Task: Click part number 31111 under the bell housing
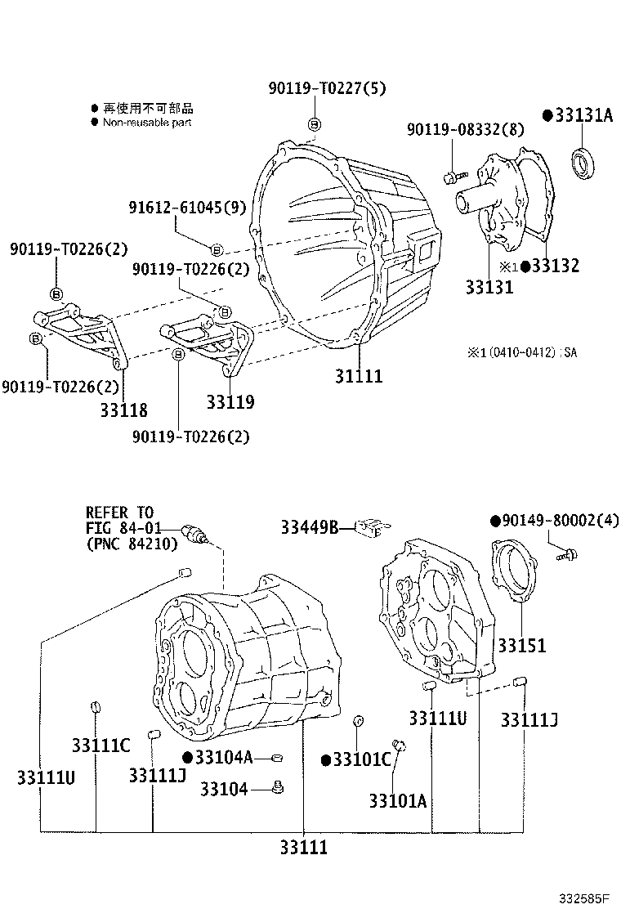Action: [x=358, y=377]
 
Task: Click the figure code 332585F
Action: [x=585, y=898]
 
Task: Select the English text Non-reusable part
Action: [x=148, y=122]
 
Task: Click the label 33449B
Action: [x=310, y=527]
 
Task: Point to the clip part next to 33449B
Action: [x=372, y=527]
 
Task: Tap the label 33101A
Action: [x=397, y=801]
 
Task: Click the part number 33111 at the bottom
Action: [x=302, y=848]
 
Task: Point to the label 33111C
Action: [x=101, y=746]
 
